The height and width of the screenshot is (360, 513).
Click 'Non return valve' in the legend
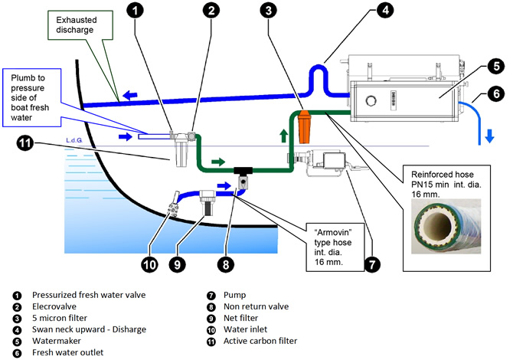point(258,306)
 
